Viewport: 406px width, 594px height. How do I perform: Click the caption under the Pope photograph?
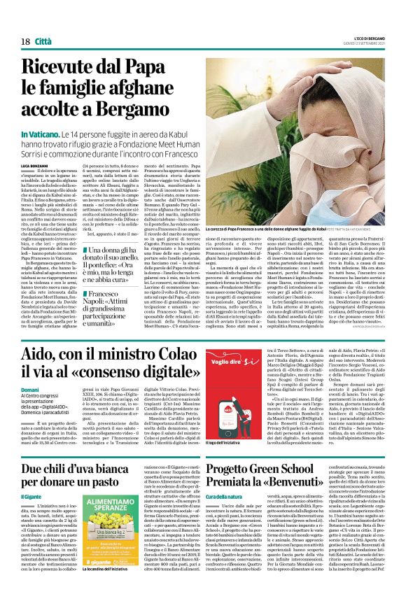pyautogui.click(x=294, y=229)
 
